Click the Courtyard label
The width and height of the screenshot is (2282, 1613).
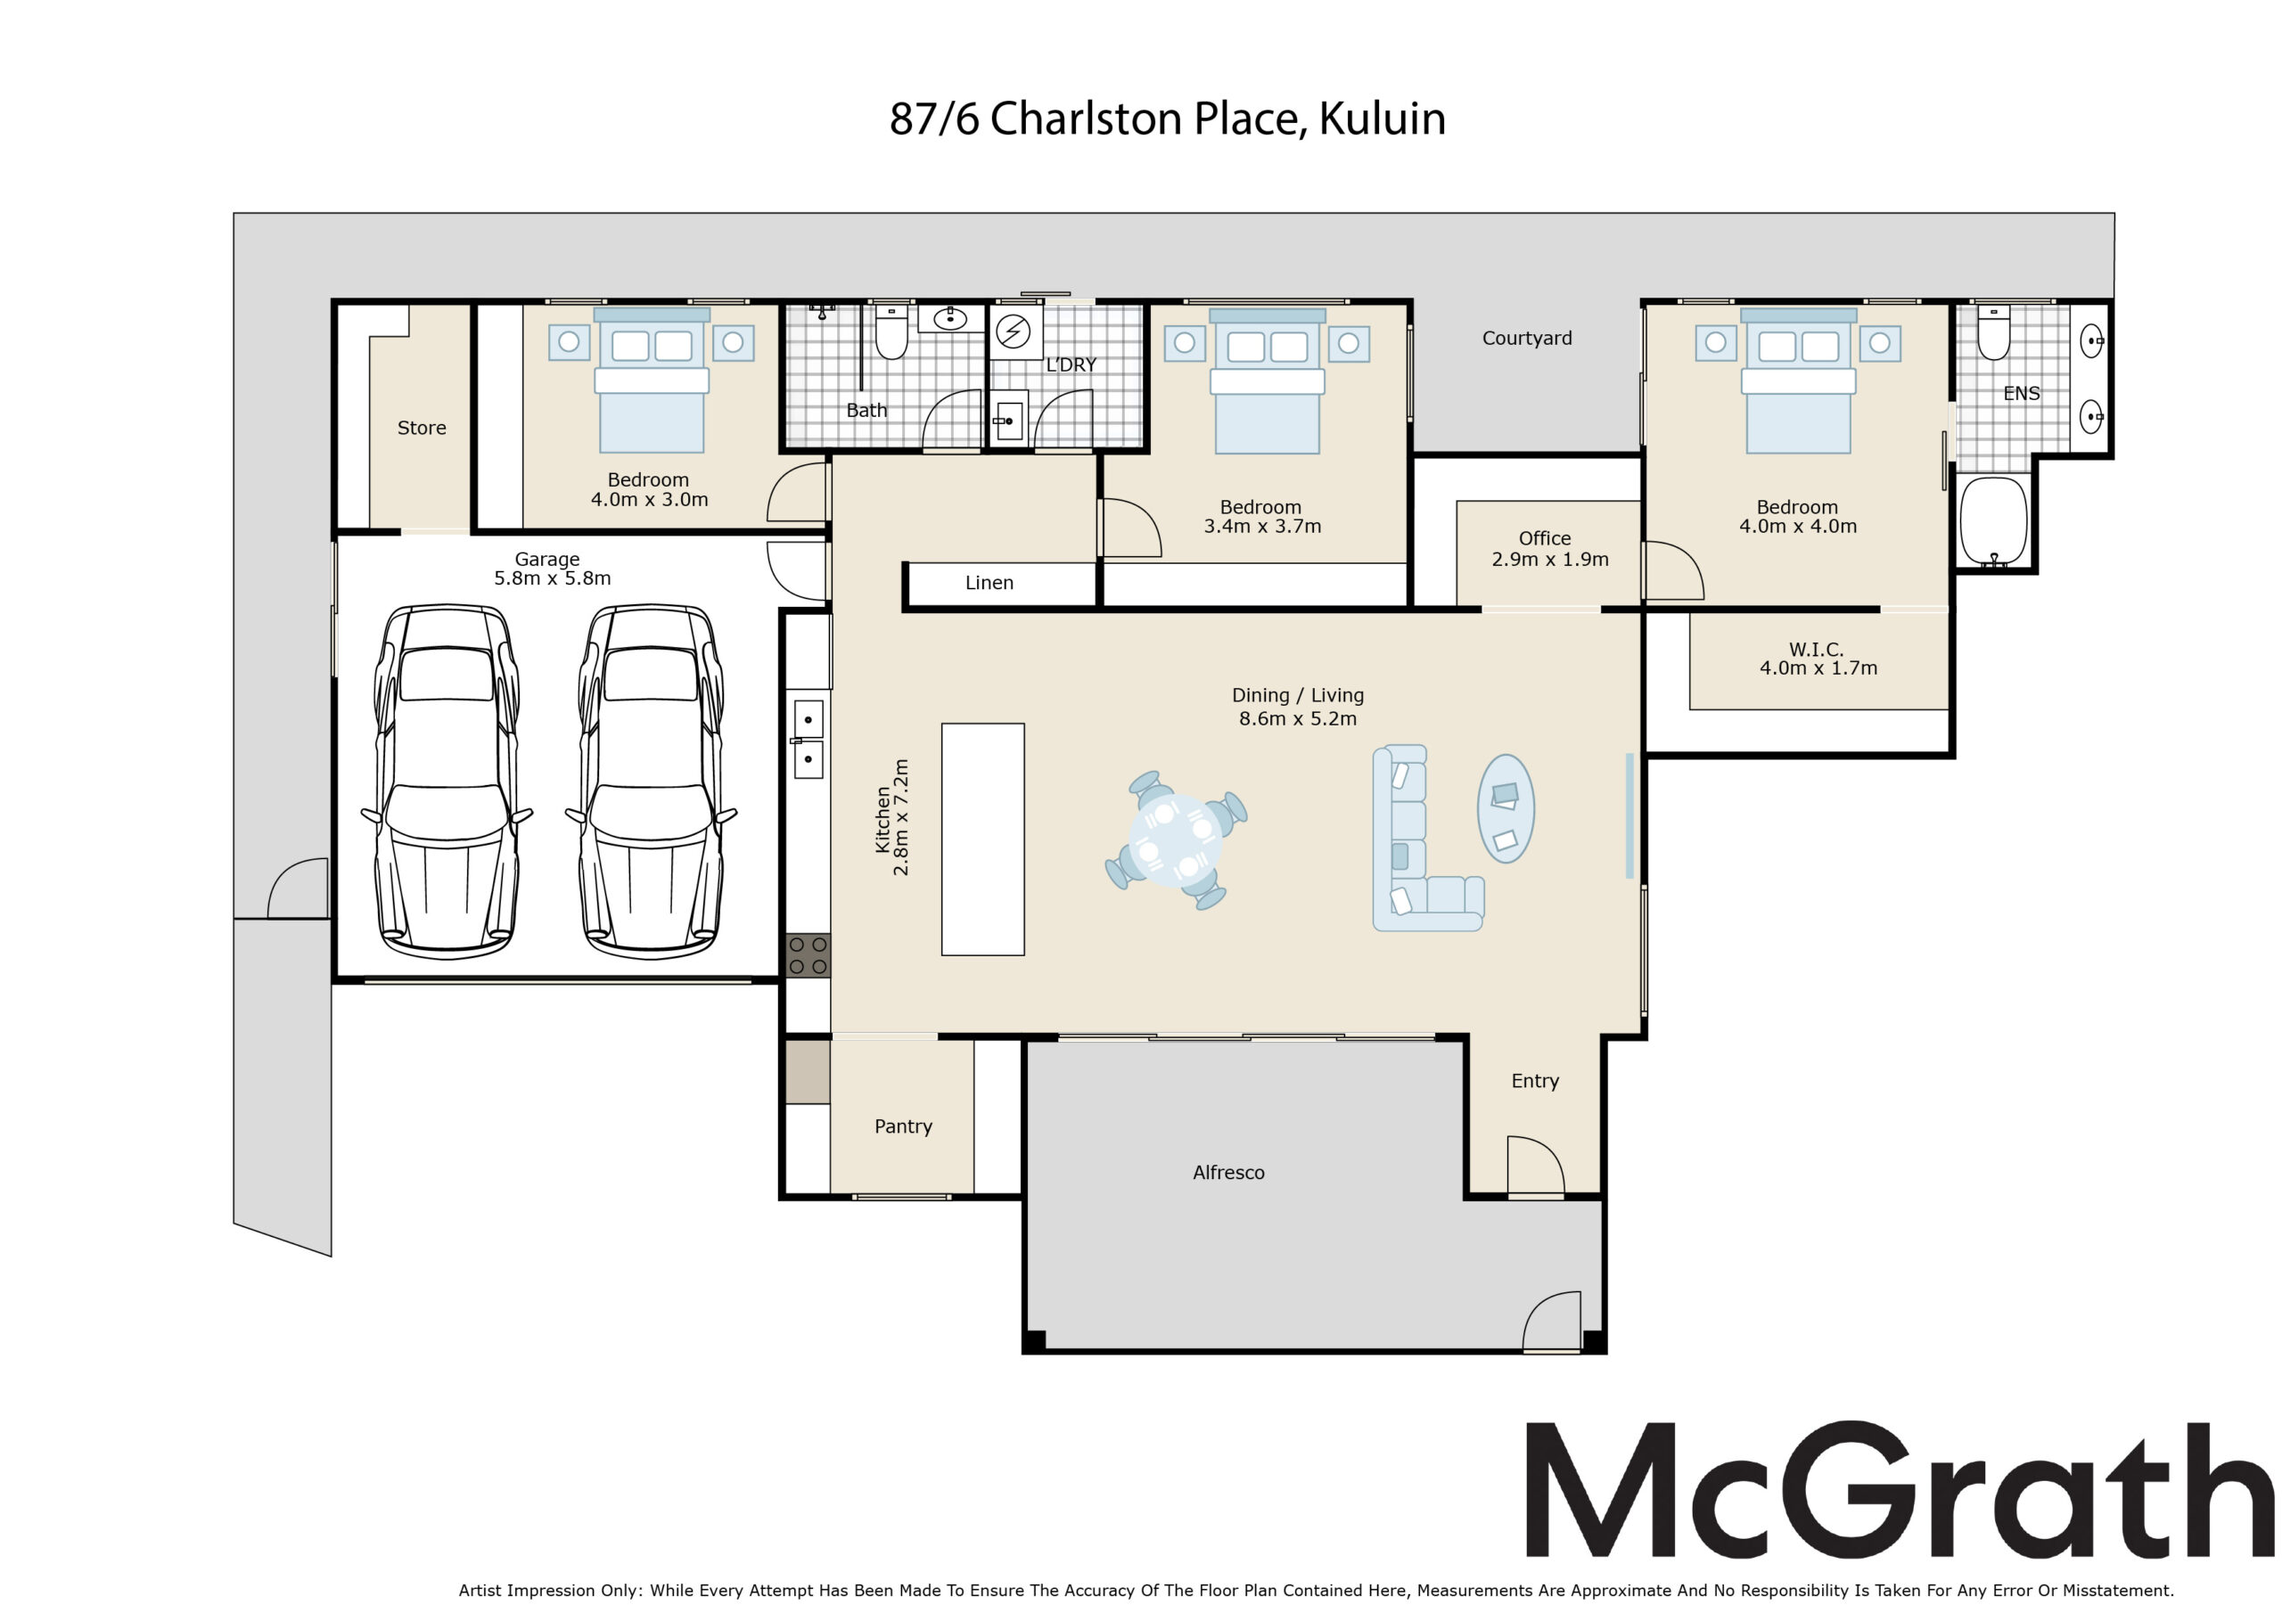pyautogui.click(x=1527, y=338)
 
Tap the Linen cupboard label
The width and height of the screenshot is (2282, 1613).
pyautogui.click(x=989, y=583)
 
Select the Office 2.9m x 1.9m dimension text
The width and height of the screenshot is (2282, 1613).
pyautogui.click(x=1549, y=560)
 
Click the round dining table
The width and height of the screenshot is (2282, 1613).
pyautogui.click(x=1177, y=839)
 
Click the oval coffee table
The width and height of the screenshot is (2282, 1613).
pyautogui.click(x=1506, y=808)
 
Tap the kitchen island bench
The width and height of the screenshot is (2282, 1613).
pyautogui.click(x=983, y=839)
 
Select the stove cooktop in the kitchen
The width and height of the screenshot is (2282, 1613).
pyautogui.click(x=808, y=955)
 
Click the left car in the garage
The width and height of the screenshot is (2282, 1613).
pyautogui.click(x=447, y=782)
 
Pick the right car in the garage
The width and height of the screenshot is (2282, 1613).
pyautogui.click(x=651, y=782)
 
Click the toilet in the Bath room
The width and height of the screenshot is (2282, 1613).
pyautogui.click(x=891, y=332)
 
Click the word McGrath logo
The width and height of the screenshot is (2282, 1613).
pyautogui.click(x=1900, y=1490)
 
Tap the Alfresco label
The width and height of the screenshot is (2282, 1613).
pyautogui.click(x=1228, y=1173)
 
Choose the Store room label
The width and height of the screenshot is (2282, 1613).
pyautogui.click(x=422, y=428)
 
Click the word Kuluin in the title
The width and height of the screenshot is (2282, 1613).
pyautogui.click(x=1382, y=119)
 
